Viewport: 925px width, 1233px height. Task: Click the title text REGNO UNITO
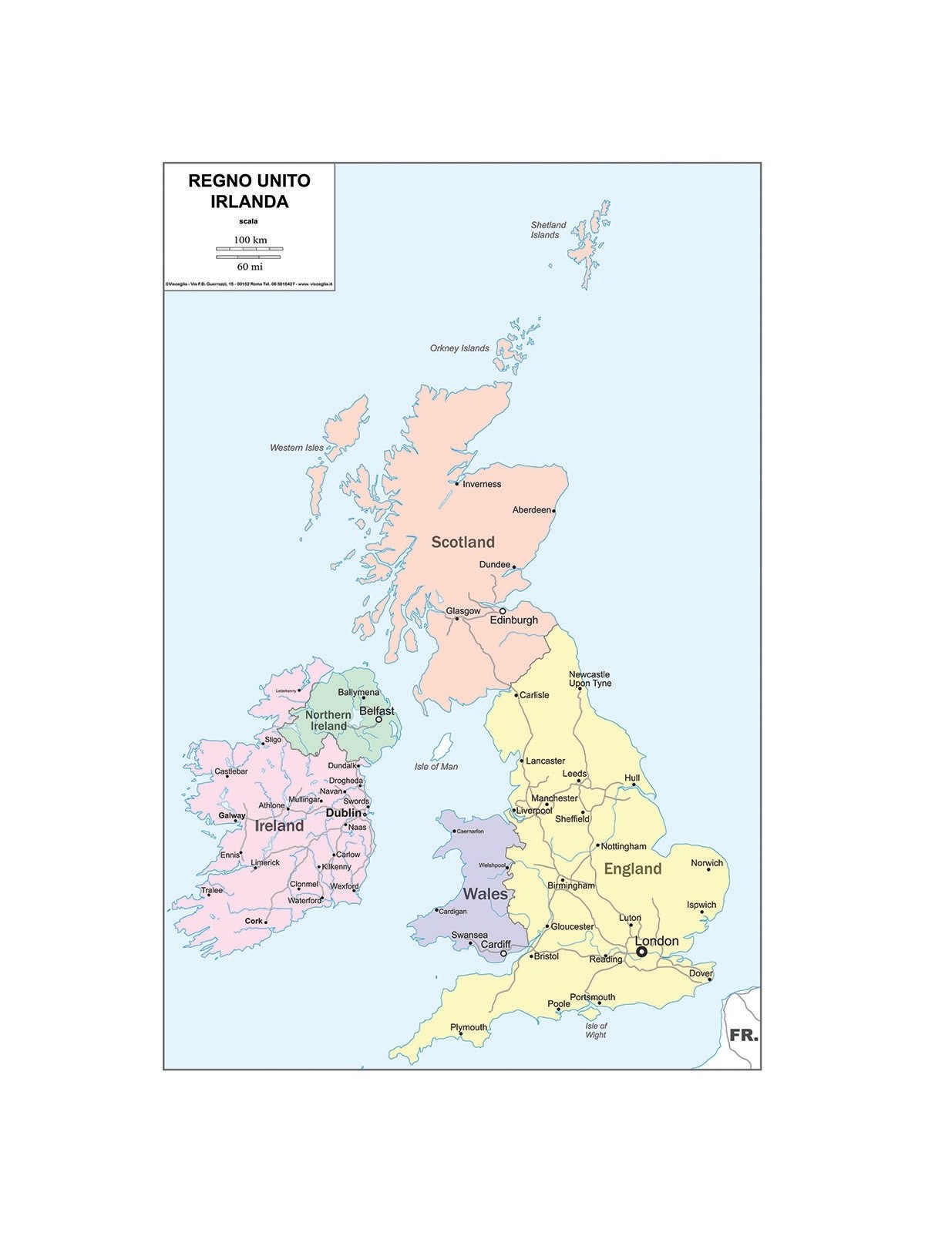click(x=249, y=181)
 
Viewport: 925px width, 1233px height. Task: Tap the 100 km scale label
click(x=250, y=240)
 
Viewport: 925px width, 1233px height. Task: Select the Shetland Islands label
click(x=548, y=230)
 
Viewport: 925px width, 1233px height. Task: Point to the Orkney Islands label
click(x=459, y=348)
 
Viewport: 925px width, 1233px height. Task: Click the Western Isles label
click(x=297, y=448)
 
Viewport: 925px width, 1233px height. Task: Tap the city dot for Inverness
click(x=457, y=484)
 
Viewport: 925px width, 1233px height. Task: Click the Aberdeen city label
click(x=532, y=510)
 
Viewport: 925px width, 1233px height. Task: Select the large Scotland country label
click(x=462, y=542)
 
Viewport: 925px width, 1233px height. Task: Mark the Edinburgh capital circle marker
click(x=503, y=611)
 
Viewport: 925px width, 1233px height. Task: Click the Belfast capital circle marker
click(x=378, y=720)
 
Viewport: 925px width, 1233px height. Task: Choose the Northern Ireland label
click(x=328, y=721)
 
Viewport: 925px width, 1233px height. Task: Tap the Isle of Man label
click(x=436, y=766)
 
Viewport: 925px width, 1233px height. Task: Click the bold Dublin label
click(x=344, y=813)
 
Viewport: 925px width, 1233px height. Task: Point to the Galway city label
click(x=232, y=815)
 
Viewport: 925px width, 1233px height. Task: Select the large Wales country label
click(x=485, y=894)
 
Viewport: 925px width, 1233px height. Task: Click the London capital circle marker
click(x=641, y=952)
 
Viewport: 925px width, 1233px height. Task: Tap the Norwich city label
click(x=707, y=863)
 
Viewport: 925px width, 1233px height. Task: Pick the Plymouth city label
click(x=469, y=1027)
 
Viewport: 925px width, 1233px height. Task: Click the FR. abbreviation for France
click(x=744, y=1035)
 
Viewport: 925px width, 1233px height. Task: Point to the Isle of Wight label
click(x=596, y=1030)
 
